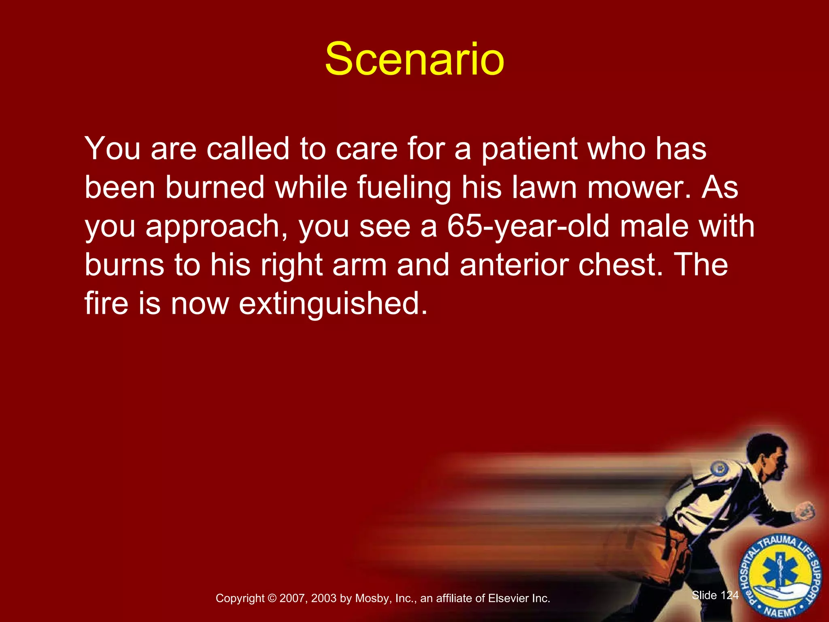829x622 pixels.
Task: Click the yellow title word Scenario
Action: click(414, 60)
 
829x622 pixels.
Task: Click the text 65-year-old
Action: click(528, 227)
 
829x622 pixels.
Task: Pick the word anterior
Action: click(514, 265)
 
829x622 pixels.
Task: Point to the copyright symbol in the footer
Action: click(272, 599)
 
